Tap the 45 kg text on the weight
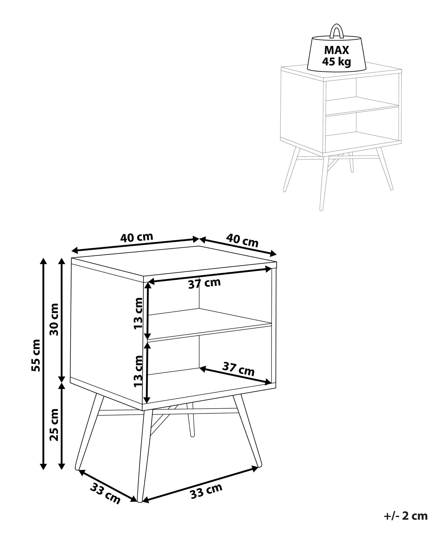pyautogui.click(x=336, y=62)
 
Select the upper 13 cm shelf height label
pyautogui.click(x=138, y=313)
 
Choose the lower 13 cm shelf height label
pyautogui.click(x=138, y=371)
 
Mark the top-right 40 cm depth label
pyautogui.click(x=242, y=241)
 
